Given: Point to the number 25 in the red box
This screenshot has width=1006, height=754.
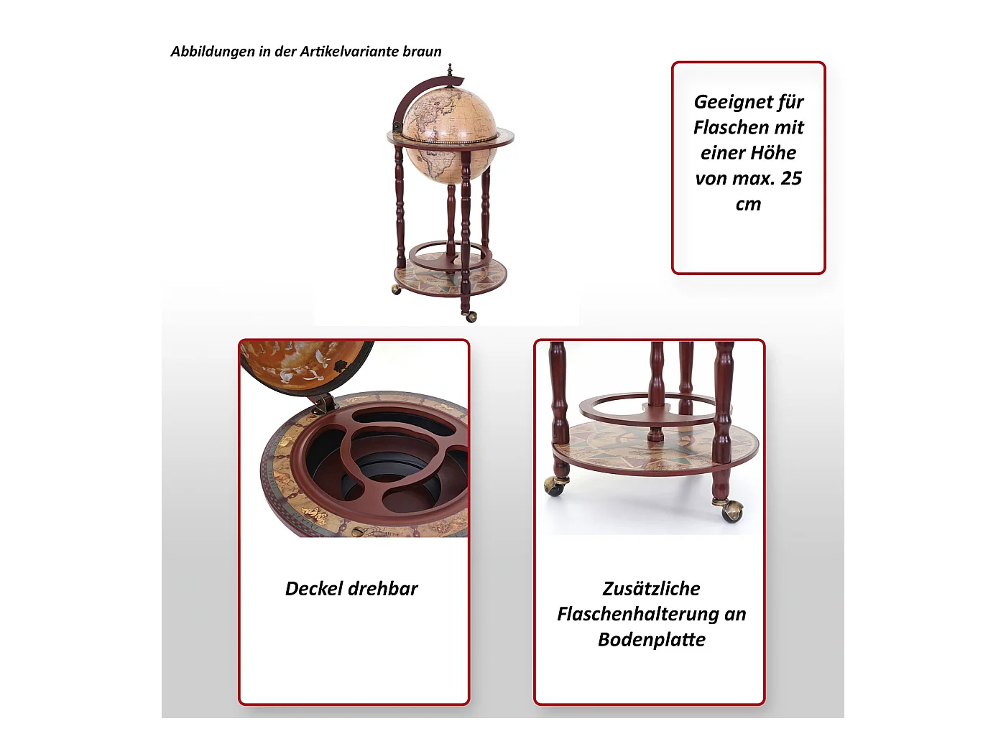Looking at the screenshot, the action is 790,178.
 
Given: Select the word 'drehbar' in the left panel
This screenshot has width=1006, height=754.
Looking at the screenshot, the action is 385,589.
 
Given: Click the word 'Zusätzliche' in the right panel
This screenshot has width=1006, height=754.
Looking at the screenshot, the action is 651,589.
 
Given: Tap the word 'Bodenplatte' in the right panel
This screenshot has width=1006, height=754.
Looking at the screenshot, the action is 652,640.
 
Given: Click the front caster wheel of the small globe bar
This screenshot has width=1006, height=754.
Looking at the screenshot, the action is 470,316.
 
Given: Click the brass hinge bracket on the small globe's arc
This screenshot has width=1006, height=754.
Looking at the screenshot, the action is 397,127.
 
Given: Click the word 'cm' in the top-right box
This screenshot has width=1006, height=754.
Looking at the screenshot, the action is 748,204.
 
